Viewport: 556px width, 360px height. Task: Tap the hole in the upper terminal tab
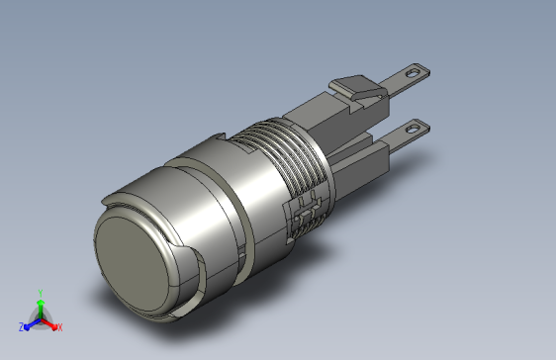point(412,73)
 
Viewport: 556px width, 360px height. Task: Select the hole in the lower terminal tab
point(412,129)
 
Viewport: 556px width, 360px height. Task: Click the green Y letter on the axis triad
point(41,293)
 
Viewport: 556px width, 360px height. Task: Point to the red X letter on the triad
point(60,327)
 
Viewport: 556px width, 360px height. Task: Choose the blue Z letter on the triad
point(22,327)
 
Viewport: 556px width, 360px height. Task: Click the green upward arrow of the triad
point(41,310)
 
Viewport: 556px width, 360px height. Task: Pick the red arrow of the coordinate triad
point(48,323)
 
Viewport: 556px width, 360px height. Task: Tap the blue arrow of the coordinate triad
point(33,323)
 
